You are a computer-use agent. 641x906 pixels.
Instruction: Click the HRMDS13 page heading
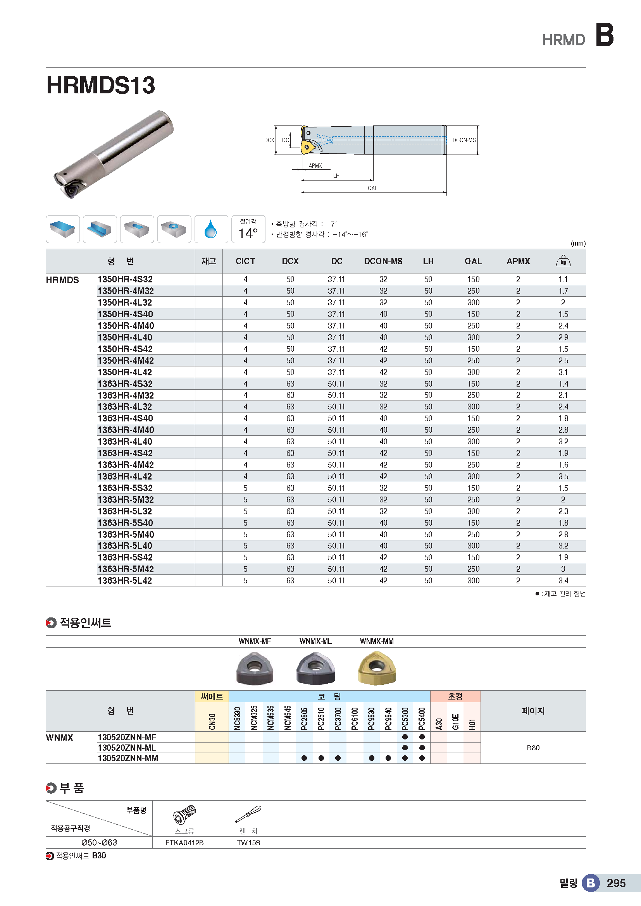point(101,85)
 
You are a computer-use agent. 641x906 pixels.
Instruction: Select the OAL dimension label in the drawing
point(372,188)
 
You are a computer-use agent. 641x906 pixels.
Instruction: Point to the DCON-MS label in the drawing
point(464,140)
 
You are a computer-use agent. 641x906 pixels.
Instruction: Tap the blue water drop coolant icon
point(211,229)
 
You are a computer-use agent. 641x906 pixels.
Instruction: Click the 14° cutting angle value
point(248,233)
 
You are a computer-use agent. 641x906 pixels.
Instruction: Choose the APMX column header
point(518,261)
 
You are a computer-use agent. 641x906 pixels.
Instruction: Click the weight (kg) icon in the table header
point(563,261)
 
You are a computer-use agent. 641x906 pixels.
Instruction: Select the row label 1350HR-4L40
point(125,337)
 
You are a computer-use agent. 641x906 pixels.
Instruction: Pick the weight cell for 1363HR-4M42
point(563,465)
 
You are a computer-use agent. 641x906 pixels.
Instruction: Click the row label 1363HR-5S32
point(125,488)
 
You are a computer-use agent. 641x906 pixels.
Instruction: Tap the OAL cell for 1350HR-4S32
point(473,279)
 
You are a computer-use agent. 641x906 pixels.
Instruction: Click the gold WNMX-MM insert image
point(377,668)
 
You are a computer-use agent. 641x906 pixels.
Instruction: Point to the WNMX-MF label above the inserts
point(255,641)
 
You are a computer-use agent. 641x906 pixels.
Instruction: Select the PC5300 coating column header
point(405,718)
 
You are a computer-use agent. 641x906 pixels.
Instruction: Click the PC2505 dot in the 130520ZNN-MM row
point(304,758)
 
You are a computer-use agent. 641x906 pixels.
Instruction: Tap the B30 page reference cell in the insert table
point(533,748)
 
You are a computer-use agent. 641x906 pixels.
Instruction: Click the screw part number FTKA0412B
point(184,842)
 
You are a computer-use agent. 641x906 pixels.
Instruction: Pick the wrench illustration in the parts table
point(248,814)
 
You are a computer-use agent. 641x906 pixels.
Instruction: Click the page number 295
point(616,883)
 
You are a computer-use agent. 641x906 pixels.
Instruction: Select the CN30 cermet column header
point(212,721)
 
